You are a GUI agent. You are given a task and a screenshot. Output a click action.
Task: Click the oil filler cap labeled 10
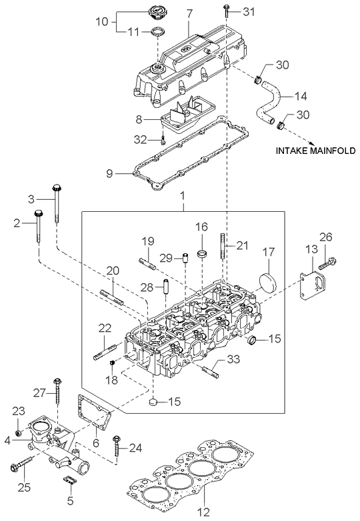tap(155, 13)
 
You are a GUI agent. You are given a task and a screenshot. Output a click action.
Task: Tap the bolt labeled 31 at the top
tap(226, 11)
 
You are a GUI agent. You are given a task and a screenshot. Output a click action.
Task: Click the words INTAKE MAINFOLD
tap(316, 151)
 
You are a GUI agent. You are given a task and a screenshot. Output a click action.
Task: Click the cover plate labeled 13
tap(314, 286)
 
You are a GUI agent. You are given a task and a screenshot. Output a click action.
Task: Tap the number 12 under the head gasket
tap(204, 512)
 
